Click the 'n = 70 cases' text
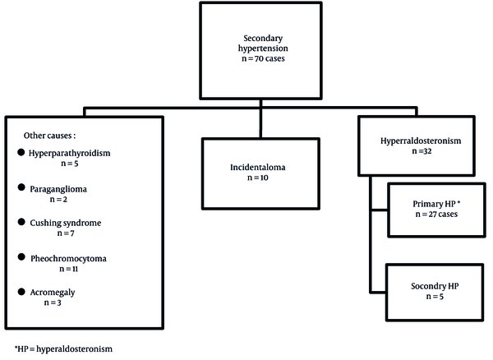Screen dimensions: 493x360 [x=263, y=58]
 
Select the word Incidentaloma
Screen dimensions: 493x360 [x=258, y=168]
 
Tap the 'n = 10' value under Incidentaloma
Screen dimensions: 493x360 [x=258, y=178]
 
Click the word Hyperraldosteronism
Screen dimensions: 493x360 [x=421, y=141]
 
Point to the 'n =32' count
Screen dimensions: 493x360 [x=422, y=151]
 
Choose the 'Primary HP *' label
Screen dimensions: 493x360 [x=436, y=204]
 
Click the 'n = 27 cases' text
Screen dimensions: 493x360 [x=436, y=215]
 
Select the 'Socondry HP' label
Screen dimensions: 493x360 [x=435, y=286]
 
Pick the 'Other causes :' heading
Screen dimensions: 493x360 [x=49, y=136]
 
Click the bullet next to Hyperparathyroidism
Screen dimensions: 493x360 [x=21, y=153]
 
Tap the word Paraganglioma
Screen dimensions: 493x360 [x=58, y=189]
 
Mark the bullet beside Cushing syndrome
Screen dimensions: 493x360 [x=21, y=222]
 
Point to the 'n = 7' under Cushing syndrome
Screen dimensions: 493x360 [x=66, y=233]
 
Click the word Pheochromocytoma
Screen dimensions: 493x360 [x=68, y=259]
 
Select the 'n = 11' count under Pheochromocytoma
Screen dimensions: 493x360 [x=68, y=269]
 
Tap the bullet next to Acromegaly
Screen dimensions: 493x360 [x=21, y=292]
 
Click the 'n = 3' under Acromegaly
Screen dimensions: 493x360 [x=53, y=302]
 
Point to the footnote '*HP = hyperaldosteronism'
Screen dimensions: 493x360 [x=63, y=349]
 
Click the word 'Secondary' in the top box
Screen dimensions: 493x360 [x=263, y=39]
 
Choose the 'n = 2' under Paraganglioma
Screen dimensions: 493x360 [x=58, y=200]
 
